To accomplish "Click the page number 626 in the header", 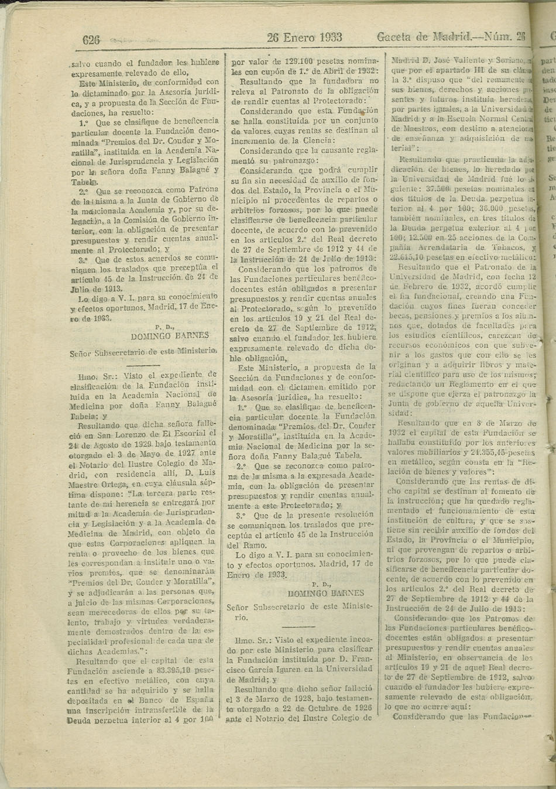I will point(91,40).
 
